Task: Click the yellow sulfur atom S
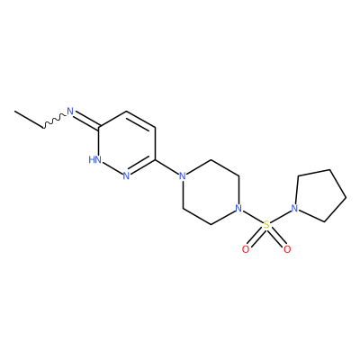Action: click(266, 225)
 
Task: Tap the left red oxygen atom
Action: click(246, 249)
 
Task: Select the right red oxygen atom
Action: click(287, 249)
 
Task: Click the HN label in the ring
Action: click(95, 159)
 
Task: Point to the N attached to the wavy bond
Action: click(70, 112)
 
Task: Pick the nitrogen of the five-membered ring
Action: click(295, 208)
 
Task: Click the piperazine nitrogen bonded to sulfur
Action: click(238, 208)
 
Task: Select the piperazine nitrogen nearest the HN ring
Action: click(182, 175)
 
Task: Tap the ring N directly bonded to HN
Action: click(126, 175)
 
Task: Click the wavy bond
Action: click(54, 121)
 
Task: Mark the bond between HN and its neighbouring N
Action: click(112, 168)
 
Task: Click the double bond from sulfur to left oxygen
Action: click(256, 238)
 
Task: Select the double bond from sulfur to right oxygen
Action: click(277, 238)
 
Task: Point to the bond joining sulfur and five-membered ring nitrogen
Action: click(281, 217)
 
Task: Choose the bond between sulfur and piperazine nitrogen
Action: click(253, 217)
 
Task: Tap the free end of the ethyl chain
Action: click(15, 112)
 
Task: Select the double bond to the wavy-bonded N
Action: click(87, 120)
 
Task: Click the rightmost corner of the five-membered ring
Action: click(346, 197)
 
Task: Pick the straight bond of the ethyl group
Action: click(29, 120)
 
